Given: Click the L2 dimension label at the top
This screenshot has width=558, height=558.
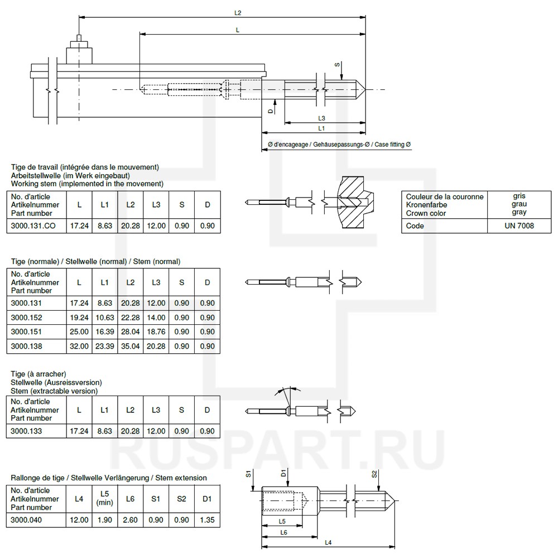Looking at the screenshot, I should [238, 12].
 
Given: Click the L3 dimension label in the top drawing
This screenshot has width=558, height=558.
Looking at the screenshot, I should [322, 118].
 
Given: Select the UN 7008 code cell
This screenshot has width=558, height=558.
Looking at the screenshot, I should [519, 226].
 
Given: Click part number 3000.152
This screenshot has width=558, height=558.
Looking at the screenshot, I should [27, 318].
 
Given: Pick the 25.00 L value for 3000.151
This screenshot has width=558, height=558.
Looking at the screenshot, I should [79, 332].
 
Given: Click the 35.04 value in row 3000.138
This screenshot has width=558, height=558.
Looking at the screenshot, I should [130, 346].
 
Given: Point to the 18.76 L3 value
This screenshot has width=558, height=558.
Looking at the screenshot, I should [156, 332].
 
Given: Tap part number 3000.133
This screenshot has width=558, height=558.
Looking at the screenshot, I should [27, 431].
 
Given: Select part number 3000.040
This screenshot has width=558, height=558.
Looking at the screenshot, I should [27, 520].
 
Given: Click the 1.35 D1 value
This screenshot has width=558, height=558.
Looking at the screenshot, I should [207, 520].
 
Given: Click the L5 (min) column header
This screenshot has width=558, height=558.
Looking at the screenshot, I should [104, 498].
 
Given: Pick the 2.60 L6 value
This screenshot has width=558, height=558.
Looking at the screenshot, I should [130, 520].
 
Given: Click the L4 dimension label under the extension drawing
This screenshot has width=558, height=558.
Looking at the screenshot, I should [328, 543].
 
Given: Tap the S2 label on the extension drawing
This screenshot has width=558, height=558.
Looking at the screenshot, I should [374, 475].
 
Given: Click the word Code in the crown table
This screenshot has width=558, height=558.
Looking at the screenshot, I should [415, 226].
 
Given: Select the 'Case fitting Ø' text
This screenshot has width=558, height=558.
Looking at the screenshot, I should [393, 145].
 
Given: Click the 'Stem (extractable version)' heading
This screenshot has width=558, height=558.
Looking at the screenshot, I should [54, 391].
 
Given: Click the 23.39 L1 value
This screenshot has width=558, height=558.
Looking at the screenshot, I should [104, 346].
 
